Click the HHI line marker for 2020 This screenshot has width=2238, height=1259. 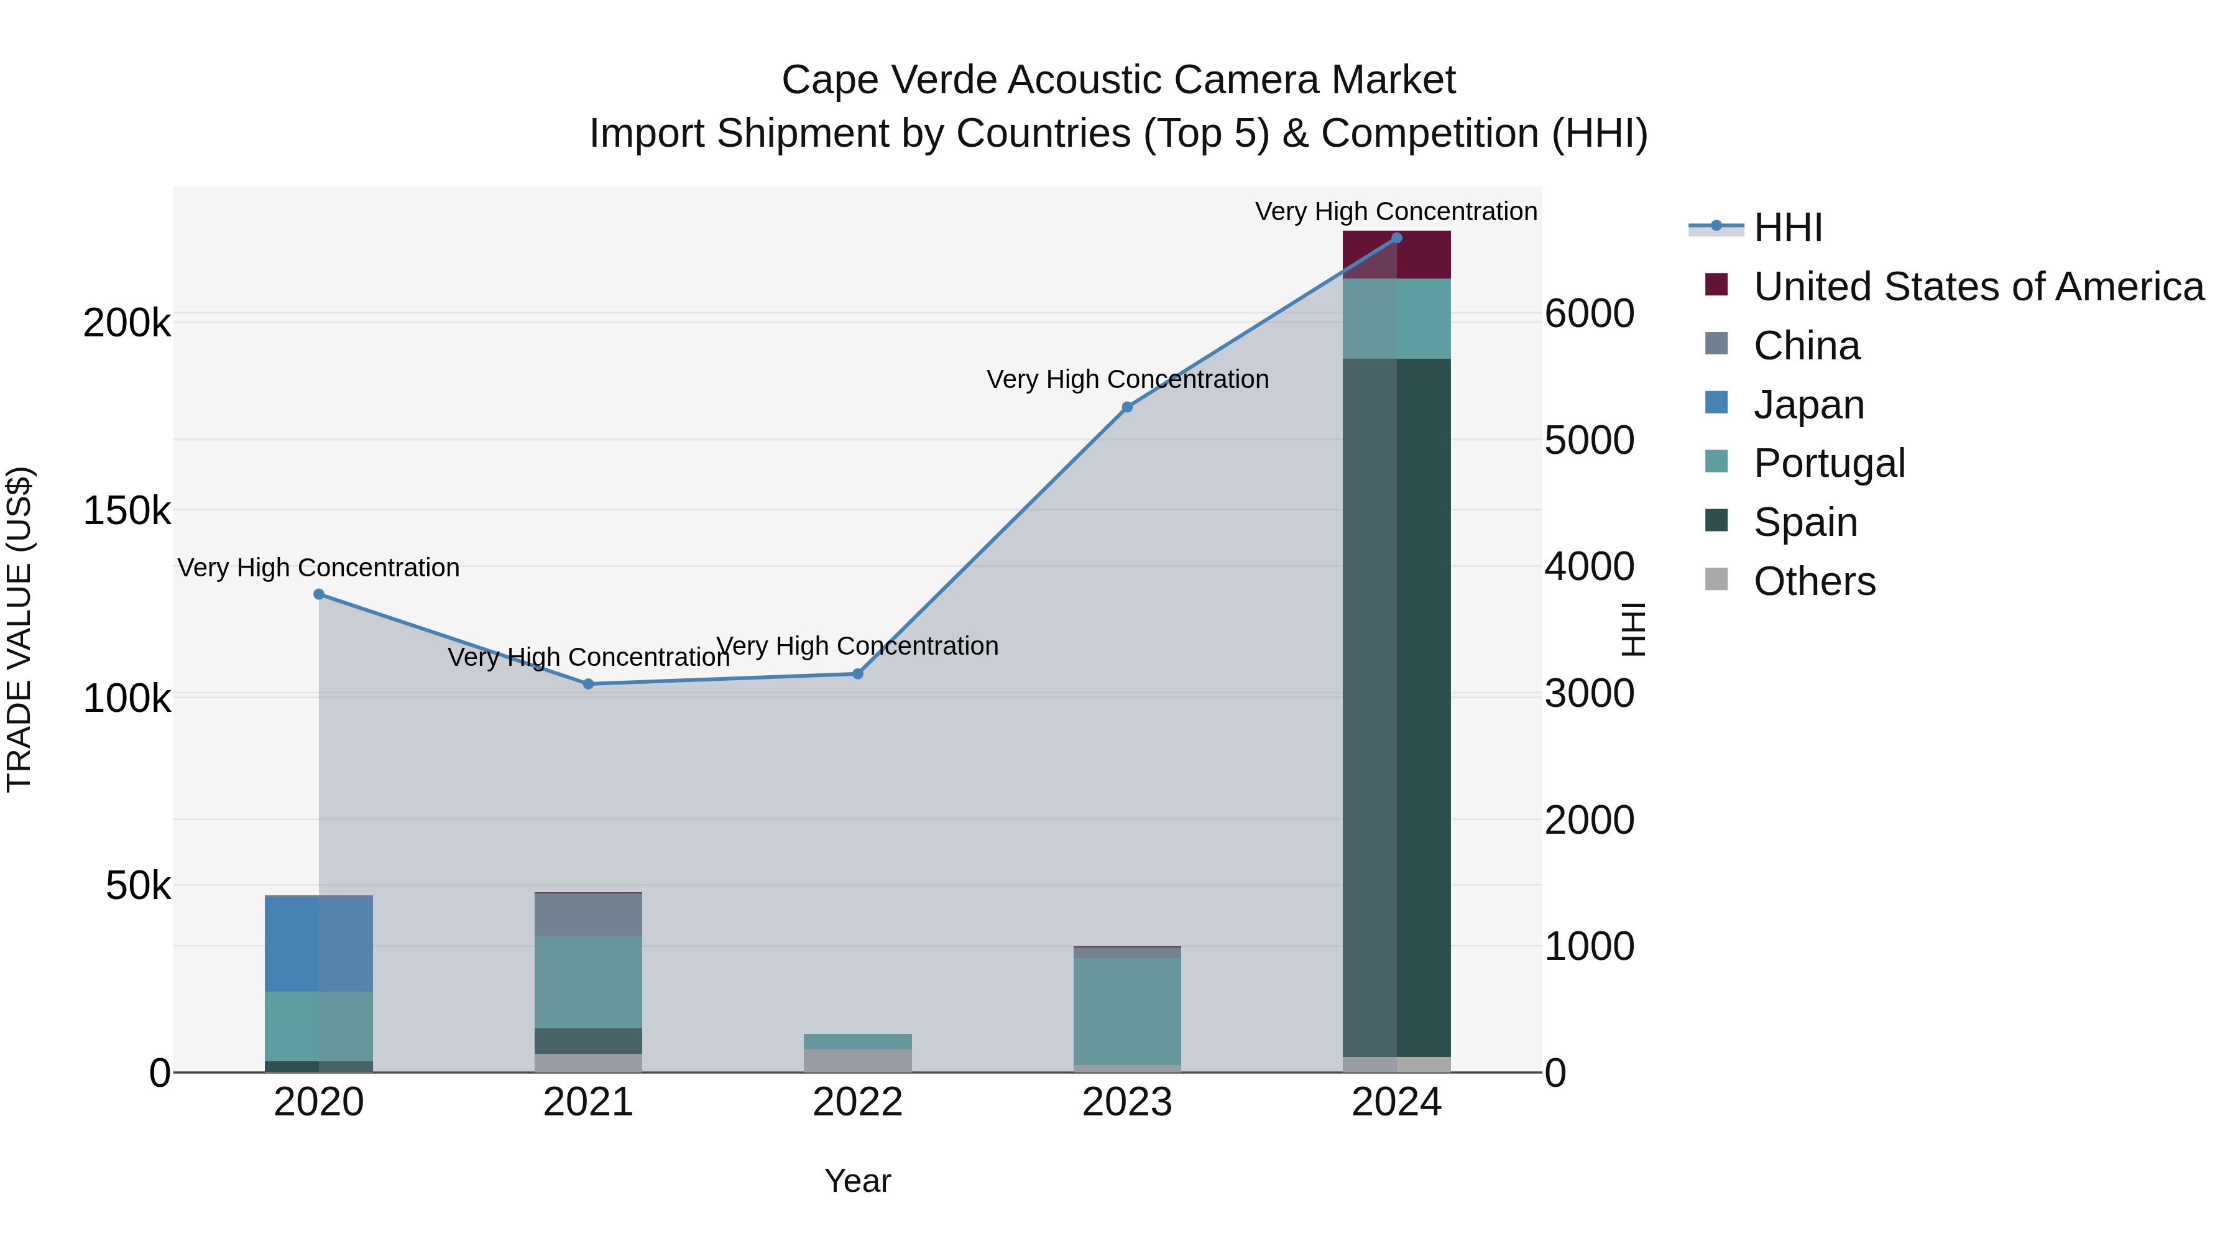point(319,594)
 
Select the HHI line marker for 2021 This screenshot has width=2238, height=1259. point(588,684)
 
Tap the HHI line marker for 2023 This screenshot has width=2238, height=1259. point(1127,407)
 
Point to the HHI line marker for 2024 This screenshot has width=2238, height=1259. point(1396,238)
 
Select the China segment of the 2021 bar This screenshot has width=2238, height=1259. point(588,914)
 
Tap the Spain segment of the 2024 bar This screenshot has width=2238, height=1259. point(1396,708)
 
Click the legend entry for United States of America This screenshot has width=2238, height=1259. point(1978,287)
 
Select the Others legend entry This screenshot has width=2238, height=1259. point(1813,581)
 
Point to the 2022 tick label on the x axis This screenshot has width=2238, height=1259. point(857,1102)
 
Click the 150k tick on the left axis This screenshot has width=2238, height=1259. point(127,511)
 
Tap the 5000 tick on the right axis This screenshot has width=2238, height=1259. point(1589,441)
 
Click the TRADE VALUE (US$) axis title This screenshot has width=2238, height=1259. point(20,629)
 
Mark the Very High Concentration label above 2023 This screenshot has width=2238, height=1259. point(1127,380)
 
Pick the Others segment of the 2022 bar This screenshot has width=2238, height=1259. point(857,1060)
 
